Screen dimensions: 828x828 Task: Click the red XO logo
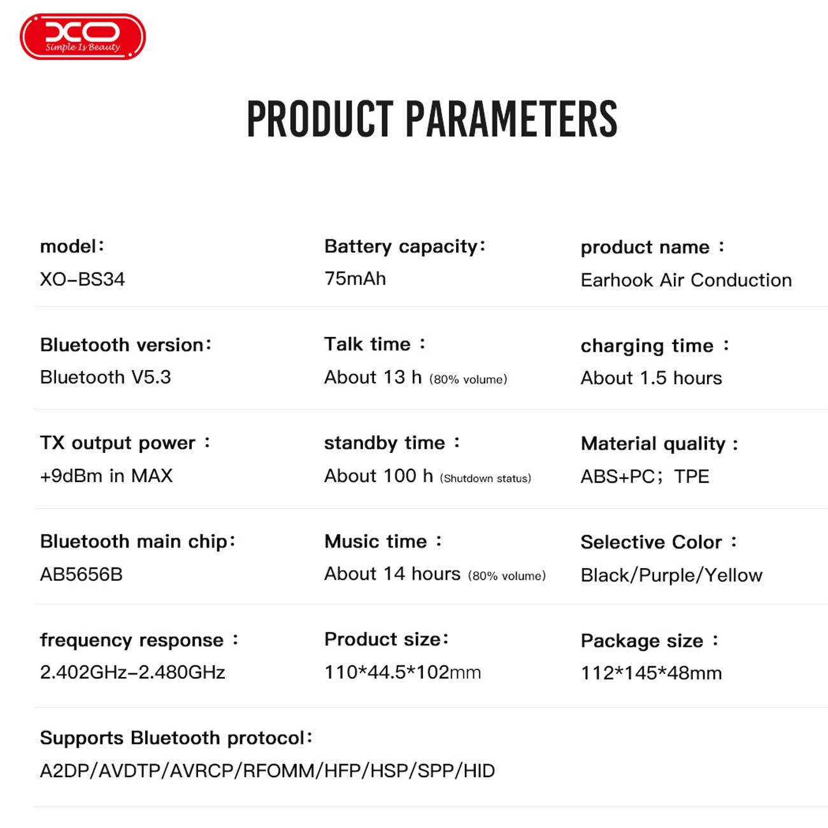pyautogui.click(x=83, y=36)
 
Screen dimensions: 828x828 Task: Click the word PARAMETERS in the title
pyautogui.click(x=511, y=119)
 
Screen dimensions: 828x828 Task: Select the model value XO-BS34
pyautogui.click(x=83, y=280)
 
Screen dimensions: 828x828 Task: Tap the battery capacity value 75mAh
pyautogui.click(x=355, y=279)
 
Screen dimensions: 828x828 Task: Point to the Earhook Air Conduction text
pyautogui.click(x=686, y=280)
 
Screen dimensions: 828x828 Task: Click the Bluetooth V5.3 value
pyautogui.click(x=105, y=377)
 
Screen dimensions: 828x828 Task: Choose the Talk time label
pyautogui.click(x=375, y=344)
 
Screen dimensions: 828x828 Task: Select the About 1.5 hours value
pyautogui.click(x=652, y=378)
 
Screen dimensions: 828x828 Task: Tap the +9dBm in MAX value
pyautogui.click(x=106, y=476)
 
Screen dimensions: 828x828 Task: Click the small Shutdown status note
pyautogui.click(x=485, y=478)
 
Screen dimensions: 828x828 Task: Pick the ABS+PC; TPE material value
pyautogui.click(x=645, y=476)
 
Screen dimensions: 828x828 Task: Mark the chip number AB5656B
pyautogui.click(x=82, y=575)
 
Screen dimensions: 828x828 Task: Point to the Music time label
pyautogui.click(x=383, y=541)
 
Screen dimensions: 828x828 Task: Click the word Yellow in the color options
pyautogui.click(x=734, y=575)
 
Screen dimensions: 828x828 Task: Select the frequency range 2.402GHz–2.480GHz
pyautogui.click(x=132, y=673)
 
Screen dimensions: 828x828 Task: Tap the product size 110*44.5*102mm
pyautogui.click(x=403, y=673)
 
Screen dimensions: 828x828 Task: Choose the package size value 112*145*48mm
pyautogui.click(x=652, y=673)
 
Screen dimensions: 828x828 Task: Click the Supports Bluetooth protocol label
pyautogui.click(x=176, y=738)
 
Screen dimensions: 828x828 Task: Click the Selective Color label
pyautogui.click(x=659, y=542)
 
